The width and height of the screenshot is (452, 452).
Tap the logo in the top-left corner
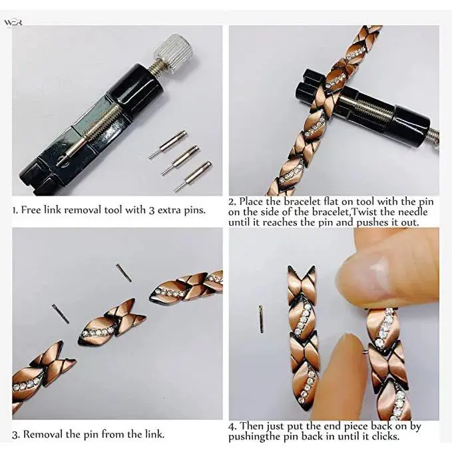click(x=13, y=23)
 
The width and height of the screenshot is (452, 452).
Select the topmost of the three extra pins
click(x=168, y=144)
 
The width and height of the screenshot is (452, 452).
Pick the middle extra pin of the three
click(x=180, y=160)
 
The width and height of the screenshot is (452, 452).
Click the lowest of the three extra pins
click(x=193, y=176)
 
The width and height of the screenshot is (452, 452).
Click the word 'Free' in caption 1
click(x=31, y=210)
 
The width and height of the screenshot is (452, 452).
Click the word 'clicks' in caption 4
click(x=385, y=436)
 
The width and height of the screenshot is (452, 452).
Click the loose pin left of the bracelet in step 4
click(x=261, y=319)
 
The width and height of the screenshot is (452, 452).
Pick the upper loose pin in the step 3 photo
click(x=124, y=273)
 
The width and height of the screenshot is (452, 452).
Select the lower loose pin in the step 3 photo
click(x=61, y=314)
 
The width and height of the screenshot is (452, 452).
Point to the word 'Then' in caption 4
click(x=252, y=426)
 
